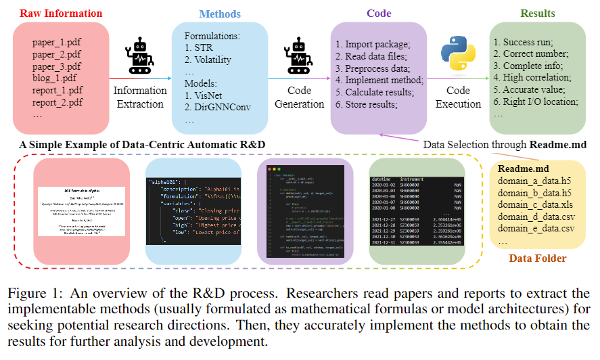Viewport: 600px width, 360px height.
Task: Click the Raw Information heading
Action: pyautogui.click(x=62, y=14)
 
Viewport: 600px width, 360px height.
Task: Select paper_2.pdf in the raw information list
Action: pyautogui.click(x=57, y=55)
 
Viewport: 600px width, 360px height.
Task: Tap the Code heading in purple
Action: pyautogui.click(x=379, y=14)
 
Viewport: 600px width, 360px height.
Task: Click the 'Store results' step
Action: pyautogui.click(x=373, y=104)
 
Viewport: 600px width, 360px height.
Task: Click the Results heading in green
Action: pyautogui.click(x=538, y=14)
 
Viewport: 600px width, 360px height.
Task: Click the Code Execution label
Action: pyautogui.click(x=457, y=97)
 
